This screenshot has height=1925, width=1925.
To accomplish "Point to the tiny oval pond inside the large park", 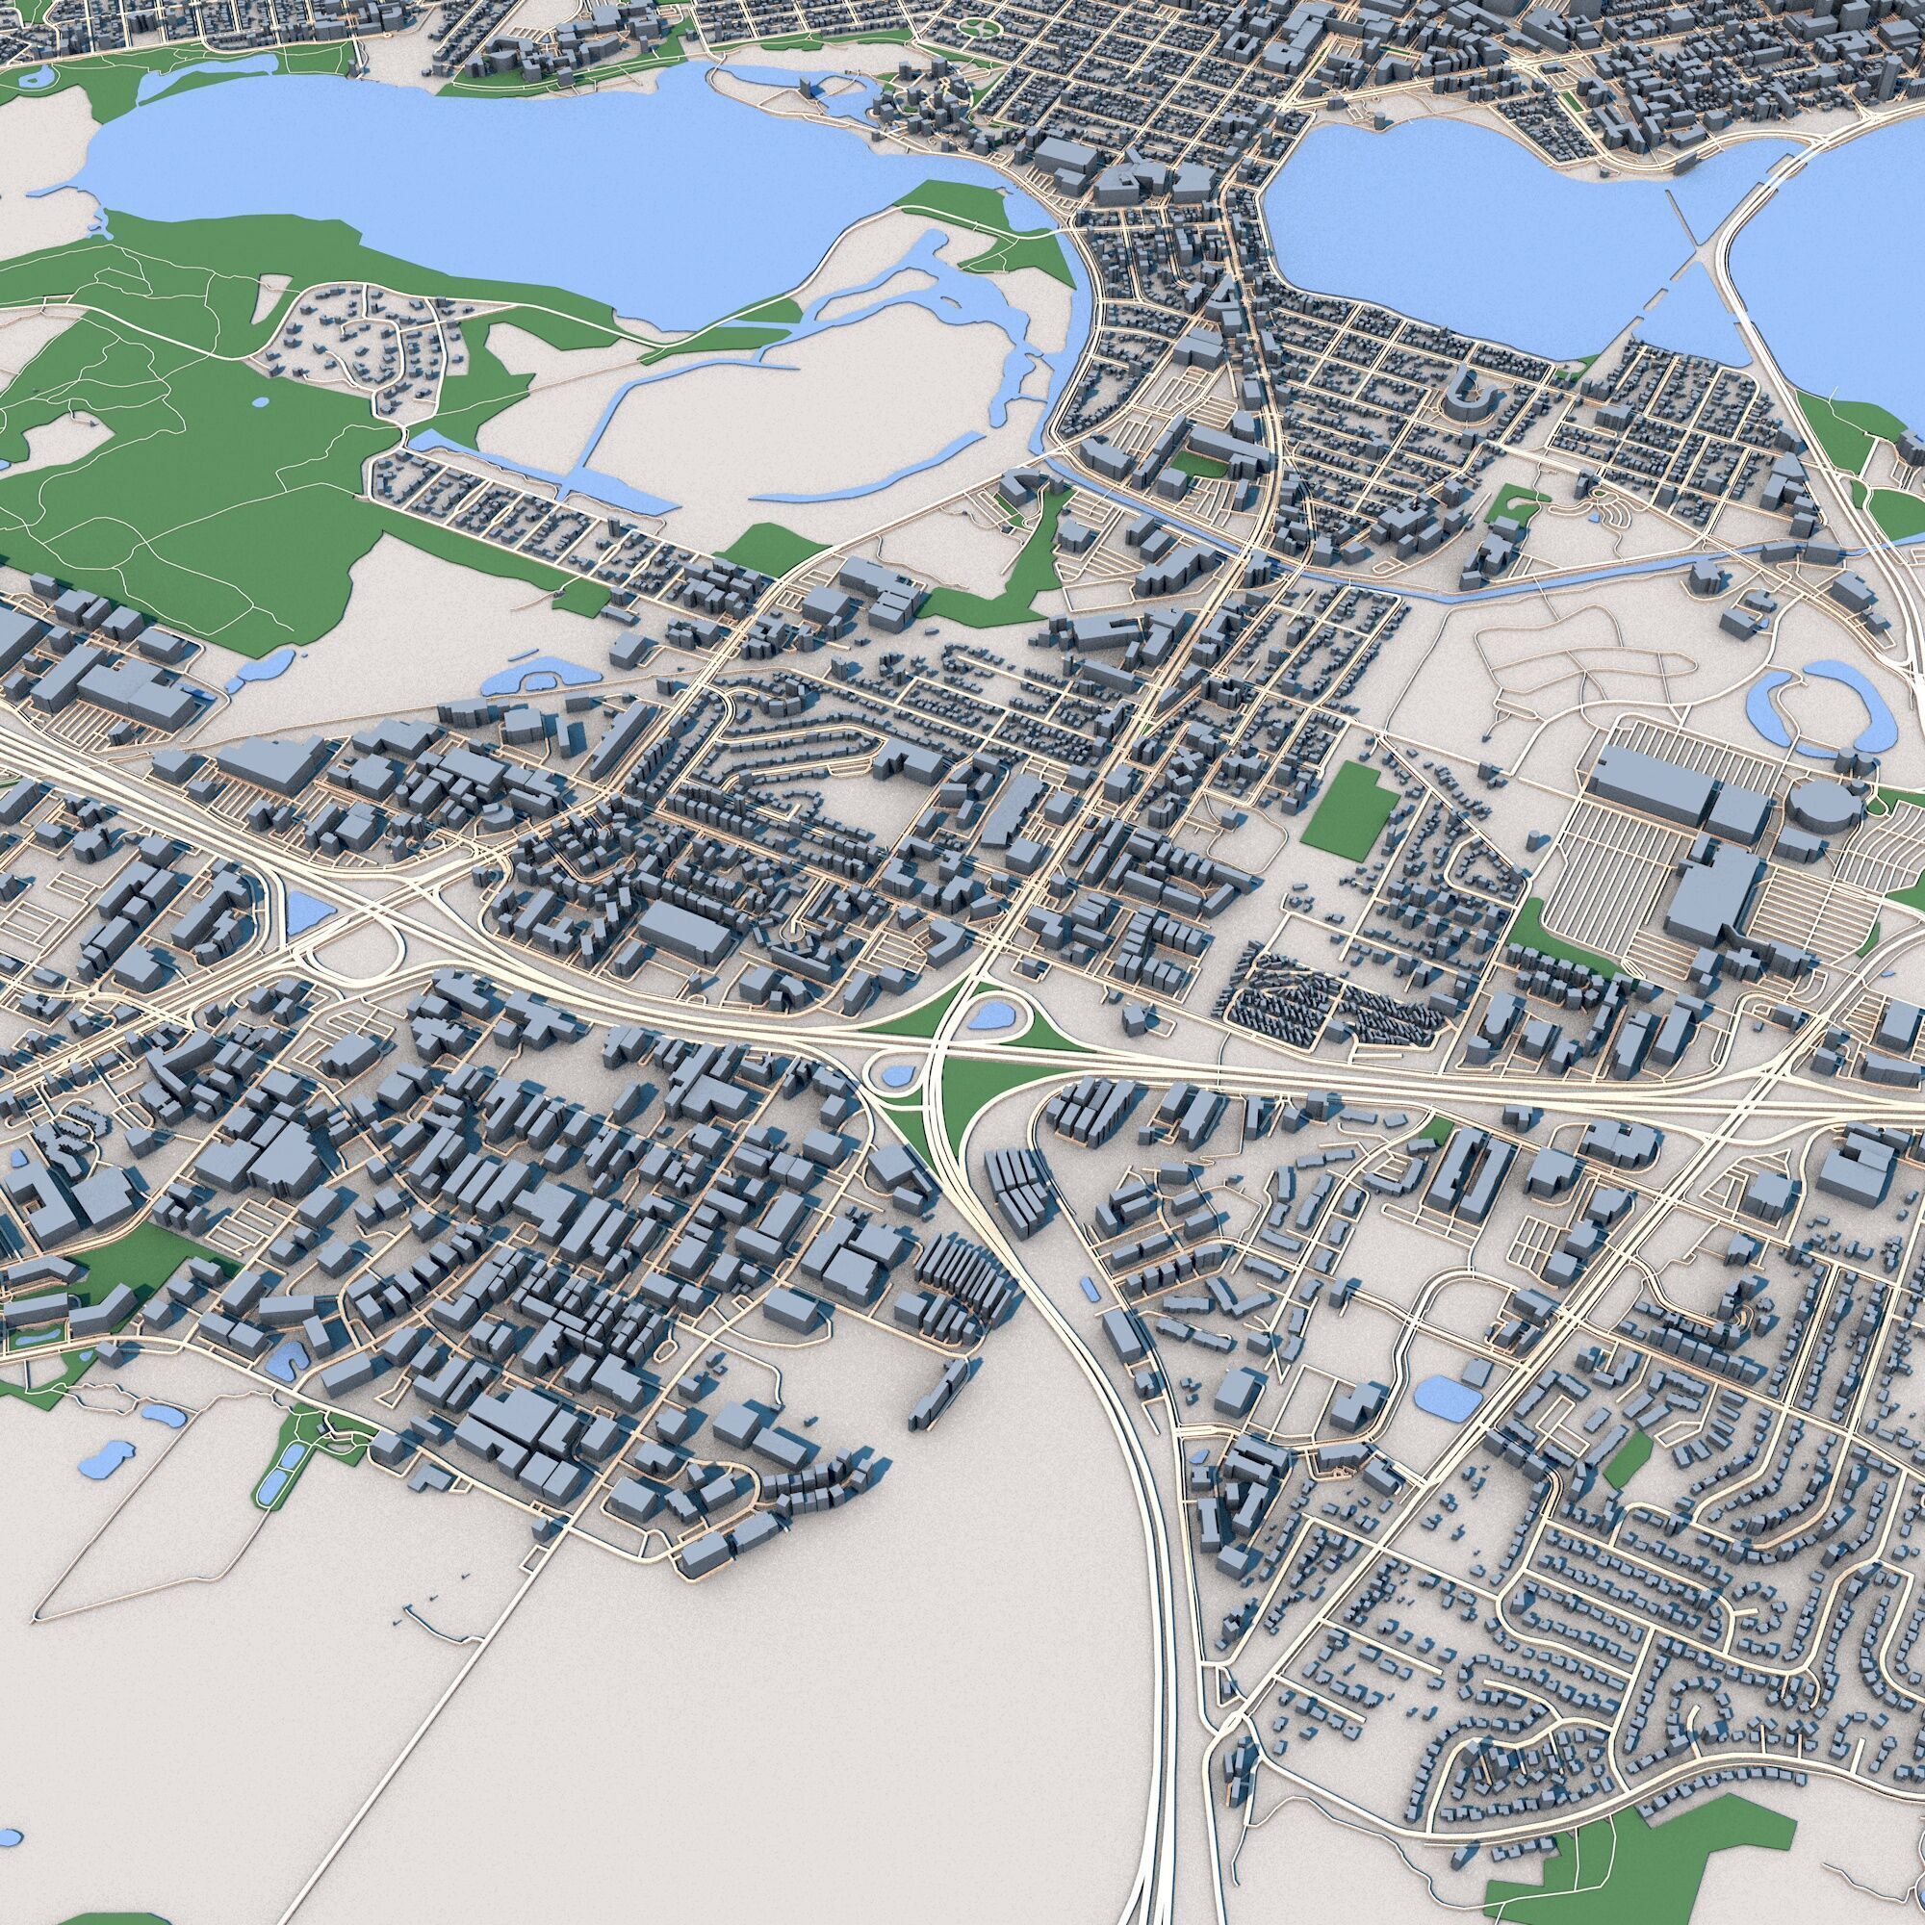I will click(x=261, y=403).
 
